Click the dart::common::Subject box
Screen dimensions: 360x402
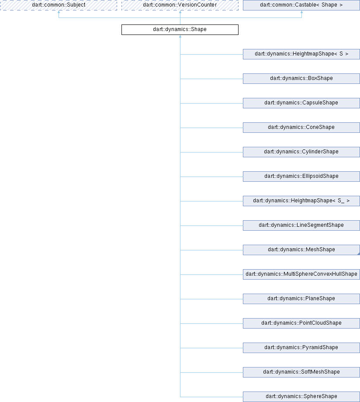tap(59, 5)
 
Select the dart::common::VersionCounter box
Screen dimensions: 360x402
tap(180, 5)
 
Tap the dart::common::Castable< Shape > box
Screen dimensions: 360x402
tap(301, 5)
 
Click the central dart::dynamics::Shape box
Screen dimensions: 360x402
tap(180, 29)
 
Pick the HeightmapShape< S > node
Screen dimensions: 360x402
tap(301, 54)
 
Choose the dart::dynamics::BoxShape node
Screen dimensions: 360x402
tap(301, 79)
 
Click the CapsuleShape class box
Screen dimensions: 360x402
tap(301, 103)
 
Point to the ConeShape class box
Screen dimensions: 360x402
tap(301, 128)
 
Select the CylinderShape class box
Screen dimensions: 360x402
tap(301, 152)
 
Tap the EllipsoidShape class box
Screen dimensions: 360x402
tap(301, 177)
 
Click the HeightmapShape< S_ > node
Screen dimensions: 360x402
tap(301, 201)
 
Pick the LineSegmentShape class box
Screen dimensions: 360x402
tap(301, 225)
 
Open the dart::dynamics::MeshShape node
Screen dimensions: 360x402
tap(301, 250)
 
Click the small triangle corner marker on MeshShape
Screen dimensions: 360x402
tap(359, 254)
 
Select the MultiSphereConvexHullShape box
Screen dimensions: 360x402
tap(301, 274)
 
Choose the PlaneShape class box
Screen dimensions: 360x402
tap(301, 299)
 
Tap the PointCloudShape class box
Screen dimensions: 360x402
tap(301, 323)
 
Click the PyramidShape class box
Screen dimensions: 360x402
tap(301, 348)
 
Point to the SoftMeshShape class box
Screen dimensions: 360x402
tap(301, 372)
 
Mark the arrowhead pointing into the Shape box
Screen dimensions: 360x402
tap(180, 36)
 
